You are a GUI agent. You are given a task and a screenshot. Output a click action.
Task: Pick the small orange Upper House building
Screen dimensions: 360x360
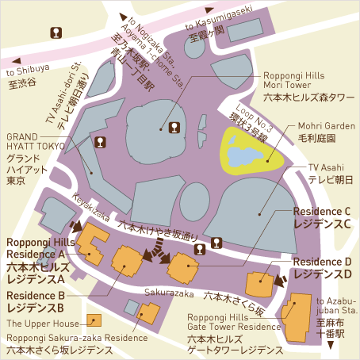pos(96,320)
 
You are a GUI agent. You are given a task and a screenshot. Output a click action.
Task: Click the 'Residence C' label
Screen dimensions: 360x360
pos(321,212)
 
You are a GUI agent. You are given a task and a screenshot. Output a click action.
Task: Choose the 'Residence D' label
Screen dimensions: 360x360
pos(321,262)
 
